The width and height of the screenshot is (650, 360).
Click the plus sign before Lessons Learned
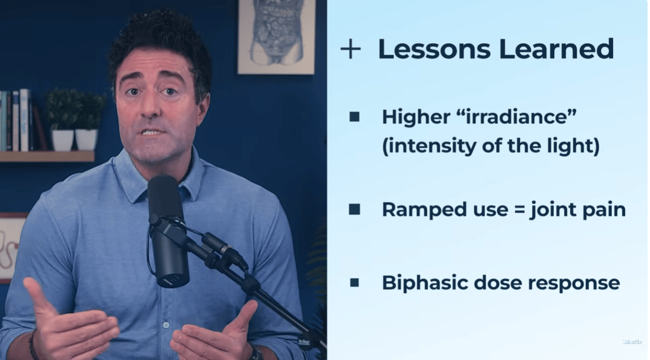point(351,50)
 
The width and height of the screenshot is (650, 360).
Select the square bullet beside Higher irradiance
point(354,117)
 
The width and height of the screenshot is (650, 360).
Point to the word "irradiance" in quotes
point(516,117)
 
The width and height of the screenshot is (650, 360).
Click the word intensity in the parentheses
point(429,146)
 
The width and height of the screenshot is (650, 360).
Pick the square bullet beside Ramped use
point(354,209)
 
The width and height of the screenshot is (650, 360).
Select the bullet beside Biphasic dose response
point(354,283)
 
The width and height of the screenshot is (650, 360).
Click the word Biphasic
point(425,283)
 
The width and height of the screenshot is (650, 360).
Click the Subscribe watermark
point(632,342)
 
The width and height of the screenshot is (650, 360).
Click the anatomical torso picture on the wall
point(276,36)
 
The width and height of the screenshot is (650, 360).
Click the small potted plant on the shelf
point(75,120)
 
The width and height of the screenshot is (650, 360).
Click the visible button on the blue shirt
point(166,325)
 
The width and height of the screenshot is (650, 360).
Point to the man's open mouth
point(151,133)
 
